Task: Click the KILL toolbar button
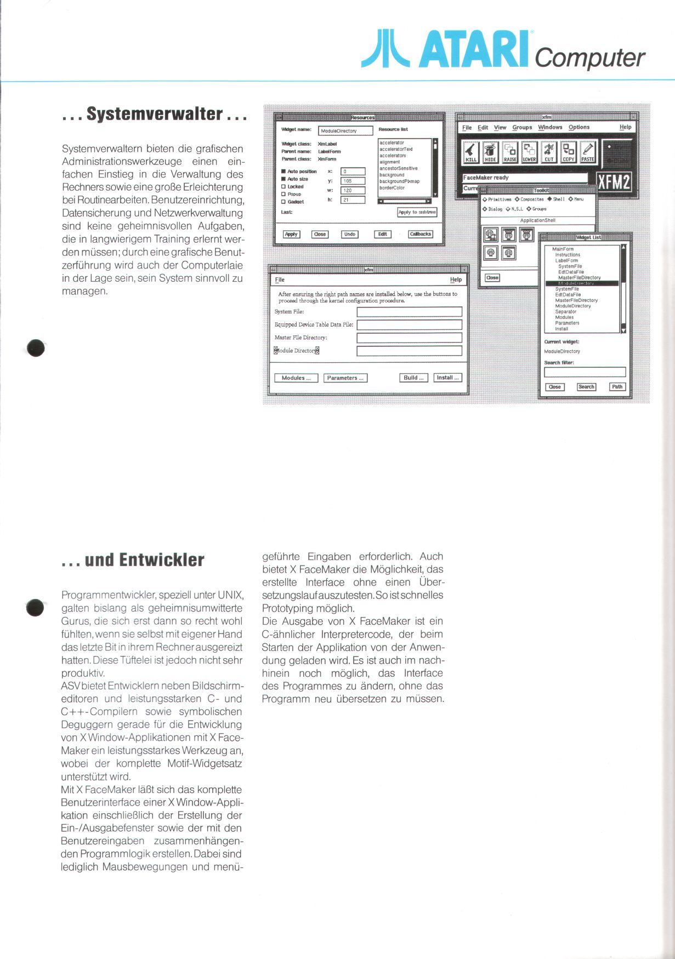471,152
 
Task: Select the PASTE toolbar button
587,152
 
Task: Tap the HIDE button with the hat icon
490,152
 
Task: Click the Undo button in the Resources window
349,234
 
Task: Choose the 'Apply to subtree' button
417,212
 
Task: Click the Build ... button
414,378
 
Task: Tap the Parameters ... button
345,378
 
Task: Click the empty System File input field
409,312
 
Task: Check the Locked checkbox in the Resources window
283,187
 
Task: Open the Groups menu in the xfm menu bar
522,127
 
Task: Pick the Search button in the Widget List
586,387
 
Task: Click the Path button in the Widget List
617,387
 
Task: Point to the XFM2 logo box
614,182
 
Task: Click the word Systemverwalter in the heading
154,114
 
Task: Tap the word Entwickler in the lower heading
161,560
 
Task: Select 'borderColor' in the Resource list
392,188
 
